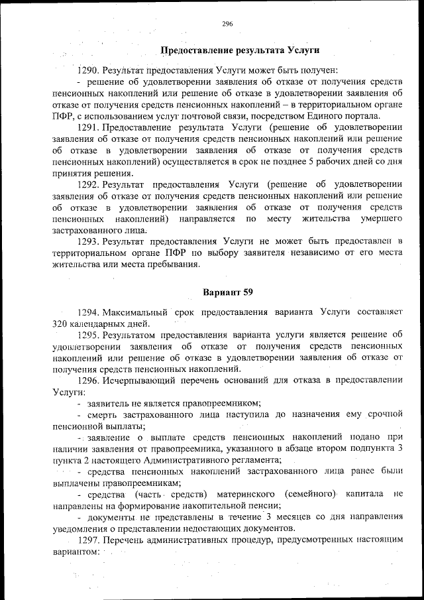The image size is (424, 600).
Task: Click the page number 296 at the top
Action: click(x=227, y=24)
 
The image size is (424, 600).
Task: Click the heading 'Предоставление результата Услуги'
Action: click(x=240, y=50)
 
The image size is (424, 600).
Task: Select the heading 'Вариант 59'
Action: click(x=227, y=292)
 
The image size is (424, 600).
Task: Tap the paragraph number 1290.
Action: click(x=89, y=70)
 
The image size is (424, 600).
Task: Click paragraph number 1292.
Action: click(x=89, y=184)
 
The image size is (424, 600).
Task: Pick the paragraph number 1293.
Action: click(x=89, y=241)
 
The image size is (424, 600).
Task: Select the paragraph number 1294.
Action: click(x=89, y=311)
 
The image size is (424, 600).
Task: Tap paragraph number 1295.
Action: click(x=89, y=335)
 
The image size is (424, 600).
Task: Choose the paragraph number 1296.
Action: click(x=89, y=381)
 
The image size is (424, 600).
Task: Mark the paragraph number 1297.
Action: click(x=89, y=541)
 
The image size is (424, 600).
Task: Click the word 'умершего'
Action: click(x=382, y=218)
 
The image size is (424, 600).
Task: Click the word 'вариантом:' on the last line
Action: click(x=75, y=552)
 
